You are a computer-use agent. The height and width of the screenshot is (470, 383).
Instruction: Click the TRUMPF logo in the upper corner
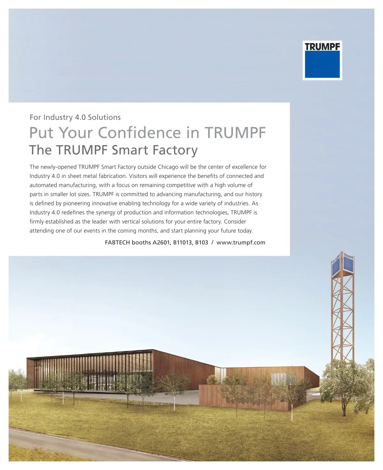coord(322,60)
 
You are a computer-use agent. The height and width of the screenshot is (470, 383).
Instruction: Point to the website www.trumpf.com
coord(241,242)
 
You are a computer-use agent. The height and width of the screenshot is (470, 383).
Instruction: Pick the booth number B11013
coord(183,242)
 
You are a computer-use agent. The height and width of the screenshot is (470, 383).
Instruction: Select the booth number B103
coord(202,242)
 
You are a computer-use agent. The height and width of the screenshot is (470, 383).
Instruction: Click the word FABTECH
coord(117,242)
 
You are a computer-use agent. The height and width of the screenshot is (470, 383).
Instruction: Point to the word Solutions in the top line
coord(104,117)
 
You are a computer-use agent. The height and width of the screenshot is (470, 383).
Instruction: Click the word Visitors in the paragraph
coord(138,176)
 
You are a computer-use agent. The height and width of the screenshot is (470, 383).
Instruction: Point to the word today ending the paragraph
coord(245,231)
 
